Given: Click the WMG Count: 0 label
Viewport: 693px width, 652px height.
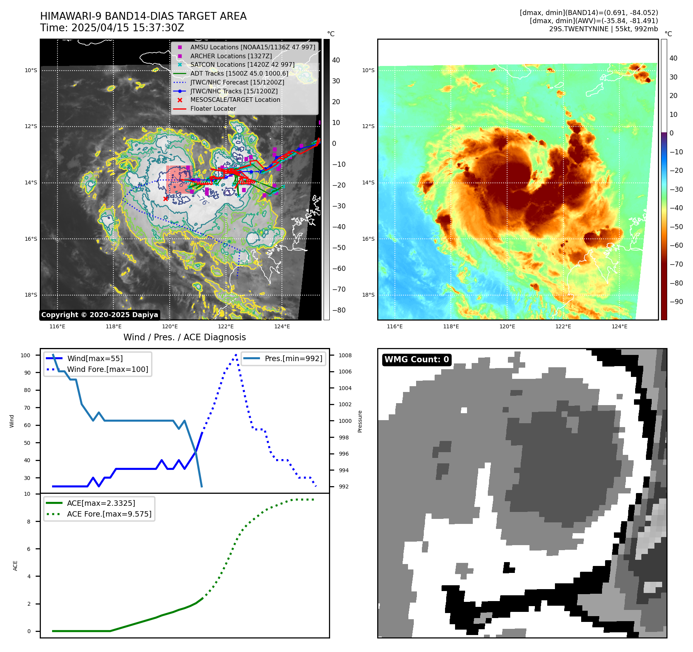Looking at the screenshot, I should click(416, 360).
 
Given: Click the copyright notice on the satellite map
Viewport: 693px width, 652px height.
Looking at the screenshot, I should click(99, 315).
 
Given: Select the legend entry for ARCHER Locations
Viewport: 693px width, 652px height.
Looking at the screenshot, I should click(231, 56).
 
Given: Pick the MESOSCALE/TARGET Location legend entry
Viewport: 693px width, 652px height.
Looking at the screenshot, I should click(235, 100).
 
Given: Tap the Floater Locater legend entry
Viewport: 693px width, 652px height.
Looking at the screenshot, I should click(213, 108).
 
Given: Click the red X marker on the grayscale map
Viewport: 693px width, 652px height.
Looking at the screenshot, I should click(166, 199).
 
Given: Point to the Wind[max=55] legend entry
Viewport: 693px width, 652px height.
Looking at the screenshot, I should click(95, 358).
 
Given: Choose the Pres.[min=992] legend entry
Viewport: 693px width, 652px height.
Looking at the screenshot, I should click(293, 358).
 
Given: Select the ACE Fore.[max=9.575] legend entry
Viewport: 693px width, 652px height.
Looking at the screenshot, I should click(109, 514).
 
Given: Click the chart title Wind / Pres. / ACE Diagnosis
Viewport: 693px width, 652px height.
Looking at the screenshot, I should click(184, 337).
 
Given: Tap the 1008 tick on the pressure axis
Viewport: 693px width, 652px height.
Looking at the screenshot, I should click(345, 355).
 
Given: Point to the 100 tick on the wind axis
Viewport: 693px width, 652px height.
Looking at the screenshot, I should click(25, 355).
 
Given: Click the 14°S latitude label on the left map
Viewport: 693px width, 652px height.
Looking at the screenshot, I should click(31, 182).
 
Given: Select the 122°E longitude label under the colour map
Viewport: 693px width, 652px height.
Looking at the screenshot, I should click(563, 326).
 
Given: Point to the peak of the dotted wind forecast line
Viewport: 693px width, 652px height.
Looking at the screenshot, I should click(236, 355).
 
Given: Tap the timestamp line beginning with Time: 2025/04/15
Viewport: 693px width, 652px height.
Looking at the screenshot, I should click(112, 28).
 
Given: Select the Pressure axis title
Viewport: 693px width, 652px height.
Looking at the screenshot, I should click(360, 421).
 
